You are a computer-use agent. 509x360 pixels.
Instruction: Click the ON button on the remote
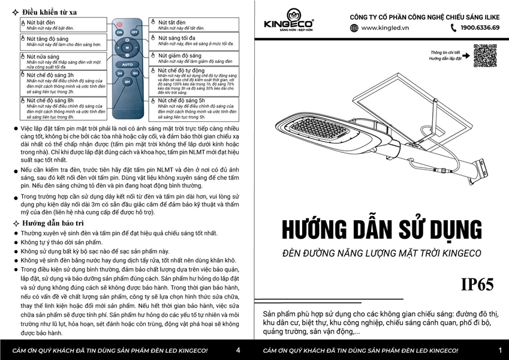tap(119, 32)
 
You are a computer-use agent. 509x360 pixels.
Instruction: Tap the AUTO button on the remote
tap(127, 64)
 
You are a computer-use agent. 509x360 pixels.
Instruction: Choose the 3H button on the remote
tap(119, 73)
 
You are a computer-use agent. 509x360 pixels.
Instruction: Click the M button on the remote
tap(127, 47)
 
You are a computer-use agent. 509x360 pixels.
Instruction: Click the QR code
tap(485, 56)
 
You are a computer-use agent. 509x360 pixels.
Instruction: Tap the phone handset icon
tap(453, 28)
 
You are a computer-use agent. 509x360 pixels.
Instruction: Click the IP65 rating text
tap(477, 285)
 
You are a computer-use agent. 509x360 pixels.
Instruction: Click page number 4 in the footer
tap(239, 350)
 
